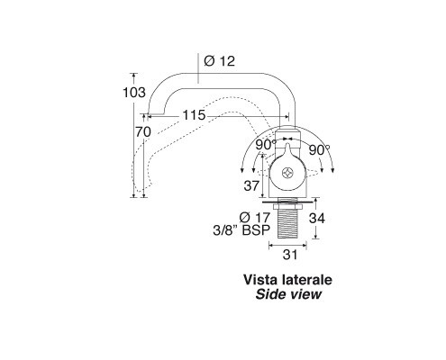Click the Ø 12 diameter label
point(219,61)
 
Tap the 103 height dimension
point(134,93)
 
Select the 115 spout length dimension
point(194,115)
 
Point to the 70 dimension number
point(143,132)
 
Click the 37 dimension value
point(251,186)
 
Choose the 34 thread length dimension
point(317,218)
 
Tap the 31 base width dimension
point(290,255)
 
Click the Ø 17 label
point(255,217)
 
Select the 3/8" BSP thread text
point(241,230)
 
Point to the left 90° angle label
point(266,146)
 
